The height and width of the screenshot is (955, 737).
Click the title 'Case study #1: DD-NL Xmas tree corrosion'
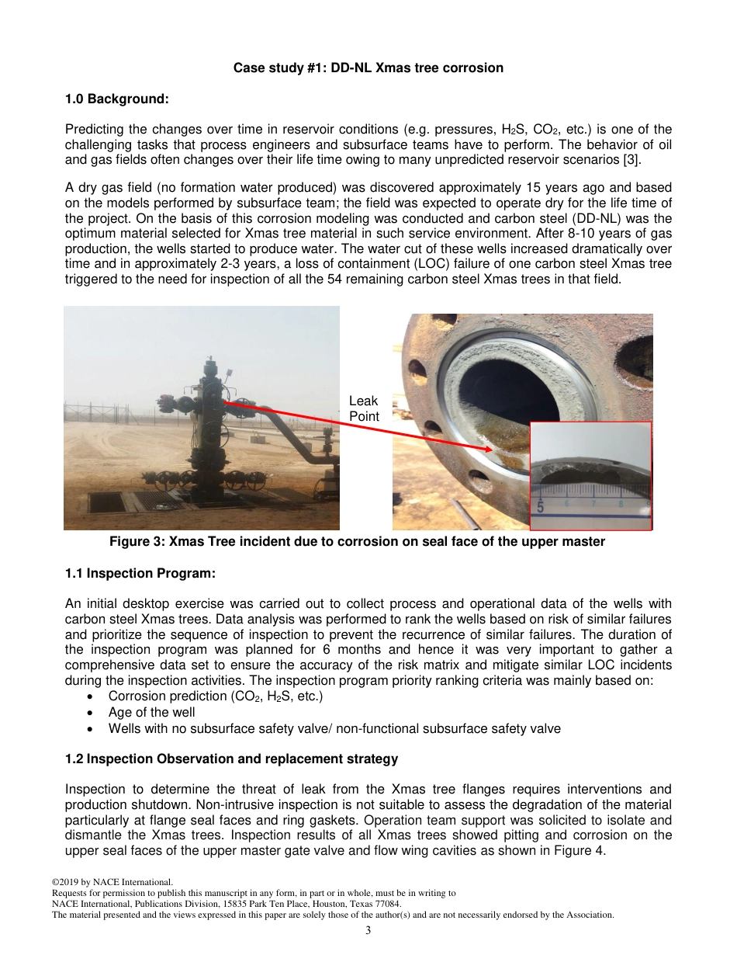click(x=368, y=68)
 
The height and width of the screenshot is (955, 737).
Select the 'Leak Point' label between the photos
click(x=363, y=408)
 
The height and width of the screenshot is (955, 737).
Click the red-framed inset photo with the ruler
click(x=591, y=475)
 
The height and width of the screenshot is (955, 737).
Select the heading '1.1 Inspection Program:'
click(x=140, y=573)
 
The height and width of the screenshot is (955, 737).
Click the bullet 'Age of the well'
click(x=152, y=712)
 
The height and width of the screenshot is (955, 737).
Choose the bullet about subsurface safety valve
click(x=334, y=728)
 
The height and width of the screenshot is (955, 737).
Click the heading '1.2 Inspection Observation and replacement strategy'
click(x=231, y=759)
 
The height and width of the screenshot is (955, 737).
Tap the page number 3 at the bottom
click(x=368, y=931)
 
